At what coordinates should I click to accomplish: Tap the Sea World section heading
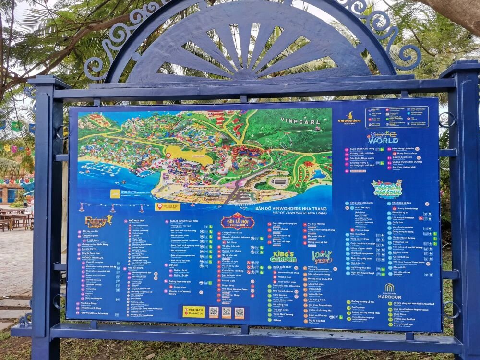(x=383, y=138)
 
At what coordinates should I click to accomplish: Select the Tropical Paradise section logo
(x=386, y=189)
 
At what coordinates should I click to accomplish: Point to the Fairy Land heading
(x=98, y=221)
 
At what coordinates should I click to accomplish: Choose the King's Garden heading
(x=283, y=257)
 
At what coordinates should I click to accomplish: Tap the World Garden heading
(x=322, y=256)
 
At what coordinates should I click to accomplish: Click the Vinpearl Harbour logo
(x=389, y=291)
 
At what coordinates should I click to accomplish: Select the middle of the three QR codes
(x=227, y=312)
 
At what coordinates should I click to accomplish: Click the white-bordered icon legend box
(x=397, y=117)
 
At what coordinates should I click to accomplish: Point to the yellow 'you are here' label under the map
(x=168, y=206)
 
